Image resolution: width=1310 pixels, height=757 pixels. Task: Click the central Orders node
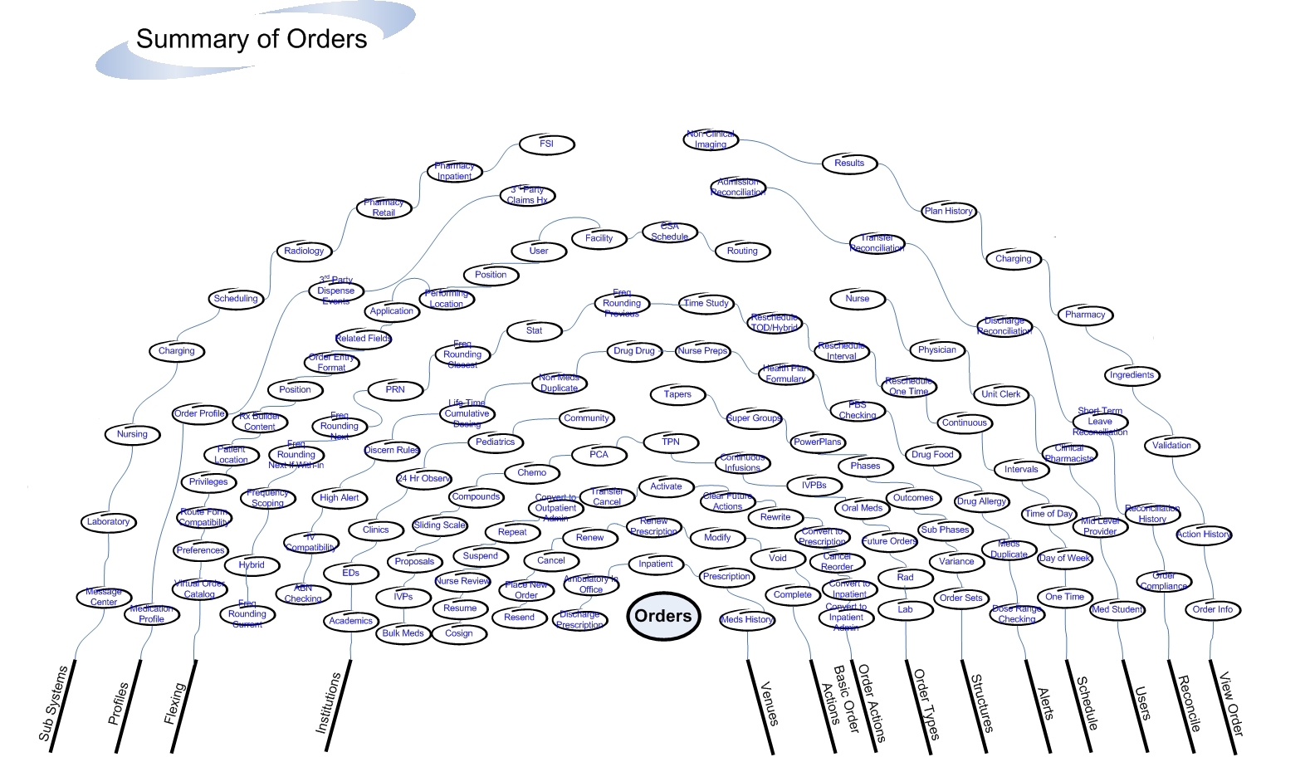(663, 617)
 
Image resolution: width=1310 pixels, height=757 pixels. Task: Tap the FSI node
(546, 144)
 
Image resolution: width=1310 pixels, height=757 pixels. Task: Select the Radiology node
(304, 251)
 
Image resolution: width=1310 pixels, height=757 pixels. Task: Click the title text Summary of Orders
(252, 39)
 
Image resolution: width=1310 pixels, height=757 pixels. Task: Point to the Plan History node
(948, 211)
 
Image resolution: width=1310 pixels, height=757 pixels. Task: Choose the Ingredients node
(1132, 375)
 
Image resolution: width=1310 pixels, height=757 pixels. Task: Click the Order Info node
(1212, 609)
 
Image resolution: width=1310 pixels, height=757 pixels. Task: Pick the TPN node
(671, 442)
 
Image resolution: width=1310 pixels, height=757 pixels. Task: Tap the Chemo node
(532, 473)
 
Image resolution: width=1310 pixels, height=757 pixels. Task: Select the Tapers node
(677, 394)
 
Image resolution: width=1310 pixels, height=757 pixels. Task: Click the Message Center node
(104, 597)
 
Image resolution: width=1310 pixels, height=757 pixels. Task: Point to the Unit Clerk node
(1000, 394)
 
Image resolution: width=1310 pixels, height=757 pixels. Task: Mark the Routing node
(742, 251)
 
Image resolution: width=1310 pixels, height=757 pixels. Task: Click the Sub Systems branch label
(53, 702)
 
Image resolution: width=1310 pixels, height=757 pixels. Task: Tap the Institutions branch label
(329, 702)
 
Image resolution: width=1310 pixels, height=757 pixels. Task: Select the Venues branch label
(770, 703)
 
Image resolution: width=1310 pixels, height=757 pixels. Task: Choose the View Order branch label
(1231, 704)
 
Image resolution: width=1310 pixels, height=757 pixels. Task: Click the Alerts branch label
(1046, 704)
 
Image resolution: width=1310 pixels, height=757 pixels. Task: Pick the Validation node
(1171, 446)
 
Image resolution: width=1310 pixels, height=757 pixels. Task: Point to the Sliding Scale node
(439, 525)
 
